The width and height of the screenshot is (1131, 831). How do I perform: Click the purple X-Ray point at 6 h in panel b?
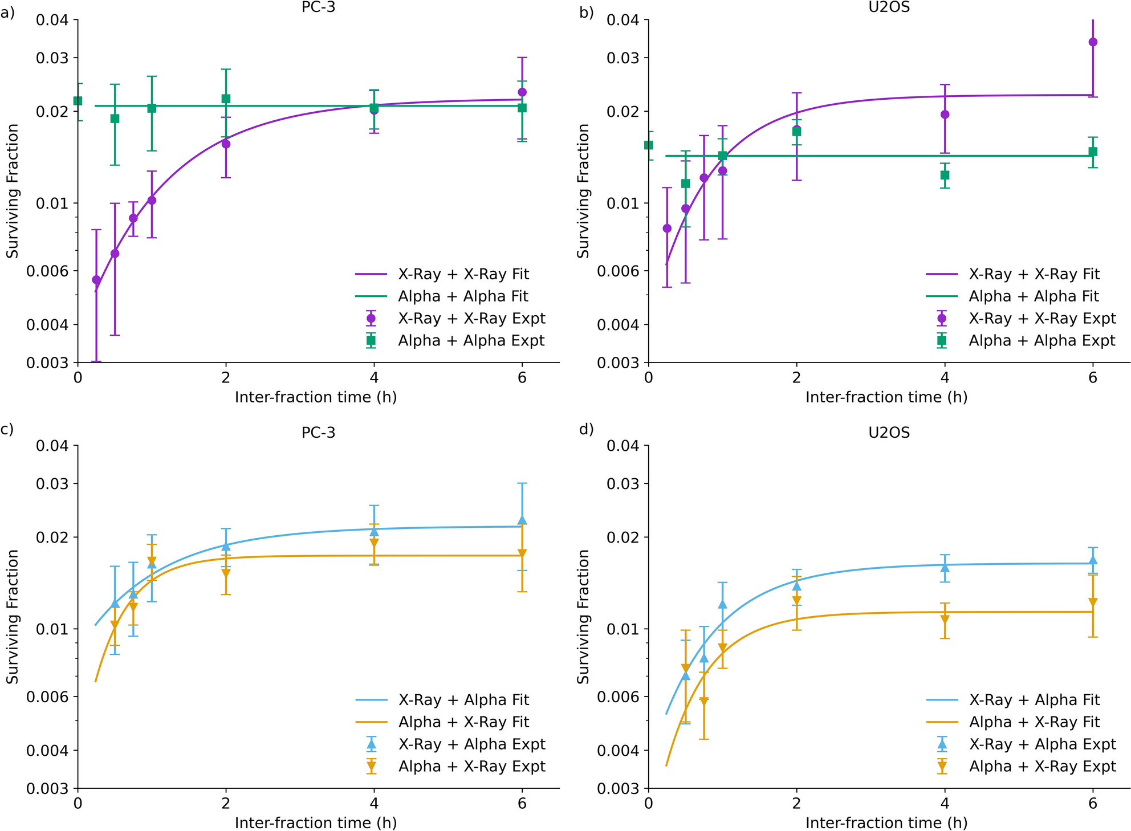pos(1093,42)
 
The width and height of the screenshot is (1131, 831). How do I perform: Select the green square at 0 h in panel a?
pos(78,101)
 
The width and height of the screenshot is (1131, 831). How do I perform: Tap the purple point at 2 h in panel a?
pos(226,144)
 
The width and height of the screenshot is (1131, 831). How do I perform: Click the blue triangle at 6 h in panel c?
pos(522,520)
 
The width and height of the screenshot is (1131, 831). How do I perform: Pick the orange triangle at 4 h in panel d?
pos(945,620)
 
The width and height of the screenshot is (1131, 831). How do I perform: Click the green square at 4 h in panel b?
pos(945,175)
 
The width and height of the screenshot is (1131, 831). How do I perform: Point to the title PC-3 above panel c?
pos(318,433)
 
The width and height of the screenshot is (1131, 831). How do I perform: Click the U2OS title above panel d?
pos(889,433)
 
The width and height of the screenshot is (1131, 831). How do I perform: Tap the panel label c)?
pos(7,429)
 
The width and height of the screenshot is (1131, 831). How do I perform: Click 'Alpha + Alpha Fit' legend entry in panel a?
pos(463,296)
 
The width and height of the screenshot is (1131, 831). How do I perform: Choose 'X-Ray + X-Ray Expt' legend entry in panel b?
pos(1042,319)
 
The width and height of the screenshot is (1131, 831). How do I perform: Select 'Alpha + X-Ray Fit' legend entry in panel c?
pos(463,722)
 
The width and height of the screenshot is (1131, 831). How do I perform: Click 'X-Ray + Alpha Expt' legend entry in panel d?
pos(1042,744)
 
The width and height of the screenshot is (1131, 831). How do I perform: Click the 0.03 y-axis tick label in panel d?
pos(622,484)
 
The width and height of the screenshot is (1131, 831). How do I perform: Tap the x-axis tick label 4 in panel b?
pos(945,377)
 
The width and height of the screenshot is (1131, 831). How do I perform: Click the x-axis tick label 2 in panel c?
pos(226,804)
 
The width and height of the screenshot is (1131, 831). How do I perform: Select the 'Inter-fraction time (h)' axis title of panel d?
pos(886,823)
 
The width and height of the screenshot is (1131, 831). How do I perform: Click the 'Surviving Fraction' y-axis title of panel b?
pos(583,191)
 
